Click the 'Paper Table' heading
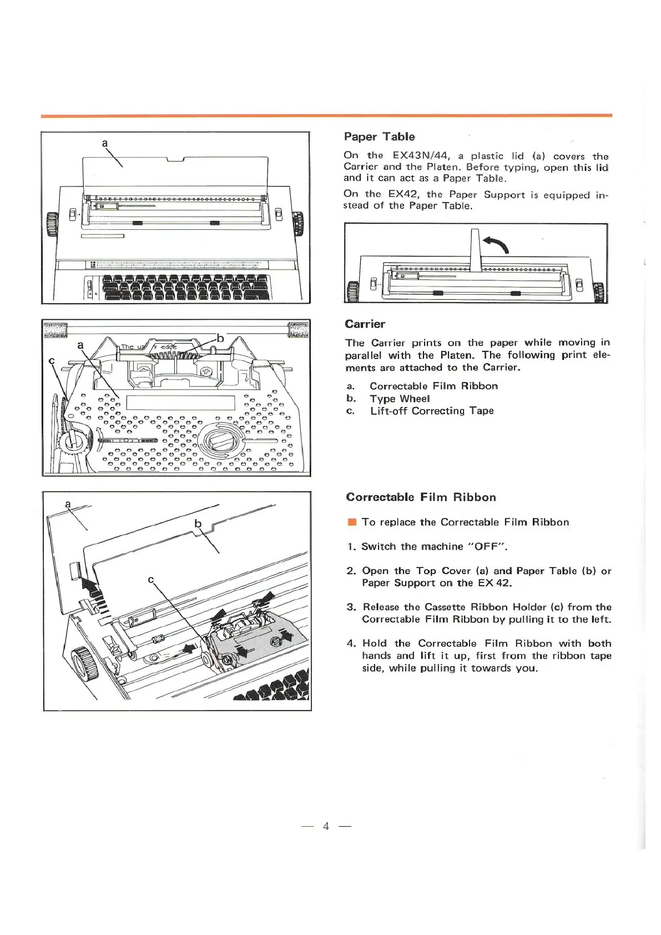pos(379,137)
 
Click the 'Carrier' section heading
pos(365,324)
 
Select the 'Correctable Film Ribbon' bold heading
pos(421,497)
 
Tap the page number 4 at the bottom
pos(326,826)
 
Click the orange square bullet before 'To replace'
pos(351,522)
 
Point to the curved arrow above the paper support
pos(496,243)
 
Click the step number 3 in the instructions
pos(351,607)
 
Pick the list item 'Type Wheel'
pos(400,399)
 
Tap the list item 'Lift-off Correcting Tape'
pos(432,411)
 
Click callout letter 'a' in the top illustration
pos(104,143)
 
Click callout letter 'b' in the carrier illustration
pos(220,338)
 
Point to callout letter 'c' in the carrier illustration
pos(52,361)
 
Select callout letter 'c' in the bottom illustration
pos(150,580)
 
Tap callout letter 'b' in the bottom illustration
pos(198,524)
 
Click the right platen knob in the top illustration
pos(298,223)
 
